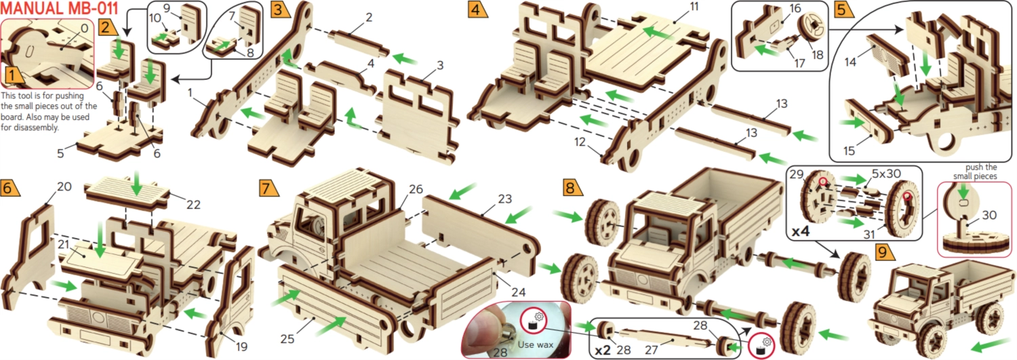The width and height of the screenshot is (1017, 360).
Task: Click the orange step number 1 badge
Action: [x=14, y=75]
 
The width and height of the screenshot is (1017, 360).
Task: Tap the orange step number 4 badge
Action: [x=477, y=9]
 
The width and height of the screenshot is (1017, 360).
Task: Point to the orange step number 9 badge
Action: [x=884, y=252]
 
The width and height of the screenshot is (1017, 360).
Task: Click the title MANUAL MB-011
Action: [x=60, y=8]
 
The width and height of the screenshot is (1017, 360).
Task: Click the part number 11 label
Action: [x=694, y=7]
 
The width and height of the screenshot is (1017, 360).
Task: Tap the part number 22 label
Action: [x=193, y=205]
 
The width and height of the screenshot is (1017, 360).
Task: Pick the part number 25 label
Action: [x=287, y=339]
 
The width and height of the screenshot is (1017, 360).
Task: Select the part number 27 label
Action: [x=651, y=349]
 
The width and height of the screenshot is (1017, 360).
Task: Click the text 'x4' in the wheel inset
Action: [x=801, y=232]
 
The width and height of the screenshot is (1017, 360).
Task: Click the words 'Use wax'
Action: [x=536, y=344]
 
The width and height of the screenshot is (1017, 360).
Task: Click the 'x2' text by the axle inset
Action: [x=603, y=351]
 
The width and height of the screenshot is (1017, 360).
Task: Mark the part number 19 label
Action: [x=241, y=347]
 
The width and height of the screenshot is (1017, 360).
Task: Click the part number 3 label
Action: [x=440, y=65]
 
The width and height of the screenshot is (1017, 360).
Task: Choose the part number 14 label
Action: [x=850, y=61]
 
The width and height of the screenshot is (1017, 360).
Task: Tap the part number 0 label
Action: [x=85, y=28]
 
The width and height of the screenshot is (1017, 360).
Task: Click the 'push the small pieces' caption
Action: [x=975, y=172]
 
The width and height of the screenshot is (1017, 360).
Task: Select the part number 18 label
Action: [x=817, y=55]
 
